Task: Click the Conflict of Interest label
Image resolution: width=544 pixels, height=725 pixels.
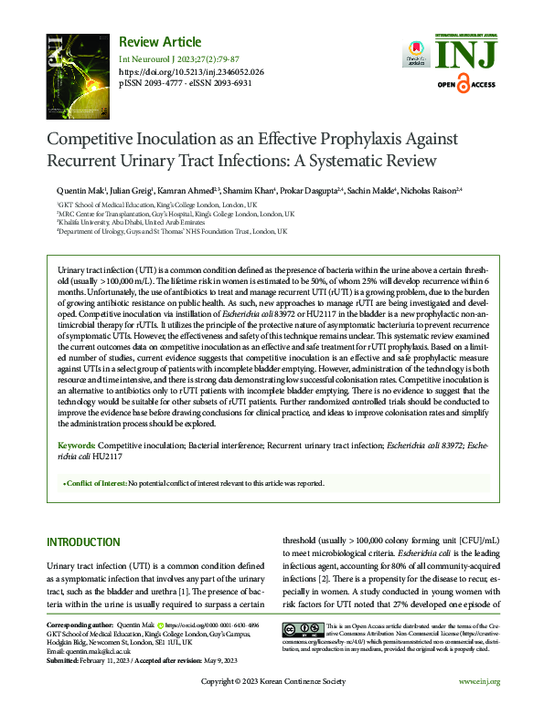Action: tap(95, 483)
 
